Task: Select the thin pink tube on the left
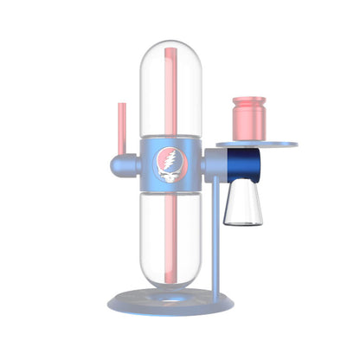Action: (x=119, y=130)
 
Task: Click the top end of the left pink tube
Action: (x=119, y=105)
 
